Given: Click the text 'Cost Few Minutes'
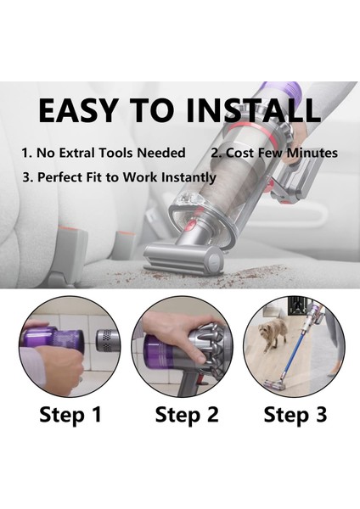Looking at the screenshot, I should click(x=280, y=154).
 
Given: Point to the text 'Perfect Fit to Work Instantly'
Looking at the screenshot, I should click(x=119, y=178).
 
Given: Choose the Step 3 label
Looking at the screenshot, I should click(x=294, y=415).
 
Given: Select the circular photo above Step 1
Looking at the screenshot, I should click(x=70, y=346).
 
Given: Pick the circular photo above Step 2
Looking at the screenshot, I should click(x=182, y=346).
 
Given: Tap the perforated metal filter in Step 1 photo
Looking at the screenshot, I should click(x=106, y=341).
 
